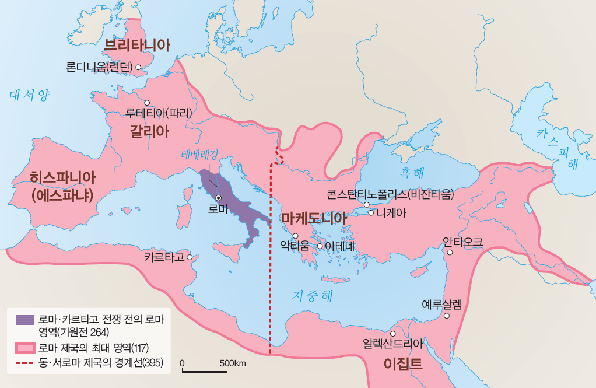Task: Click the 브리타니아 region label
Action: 137,45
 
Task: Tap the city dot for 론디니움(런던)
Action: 139,67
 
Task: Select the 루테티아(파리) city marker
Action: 147,102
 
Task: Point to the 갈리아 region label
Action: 149,131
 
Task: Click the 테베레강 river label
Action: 199,155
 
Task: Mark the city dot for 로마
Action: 218,198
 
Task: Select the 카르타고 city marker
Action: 189,256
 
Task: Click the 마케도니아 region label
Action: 314,218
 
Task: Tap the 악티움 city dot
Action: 295,236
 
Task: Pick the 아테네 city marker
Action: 320,246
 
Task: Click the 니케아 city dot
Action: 370,212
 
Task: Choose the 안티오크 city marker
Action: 450,253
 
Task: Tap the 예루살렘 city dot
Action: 447,316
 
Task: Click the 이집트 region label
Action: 403,364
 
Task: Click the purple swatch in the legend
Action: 25,319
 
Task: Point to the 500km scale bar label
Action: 233,363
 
